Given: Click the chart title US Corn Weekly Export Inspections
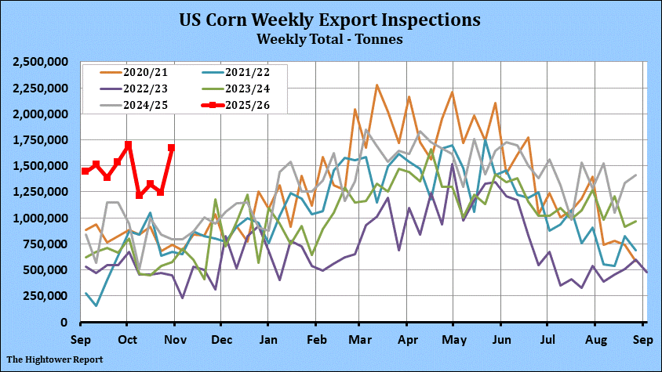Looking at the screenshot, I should [x=329, y=20].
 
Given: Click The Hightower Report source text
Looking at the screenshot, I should [x=55, y=359].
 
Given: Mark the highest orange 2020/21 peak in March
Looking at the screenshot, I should [x=377, y=85].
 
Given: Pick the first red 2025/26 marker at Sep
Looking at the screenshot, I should [x=85, y=171].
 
